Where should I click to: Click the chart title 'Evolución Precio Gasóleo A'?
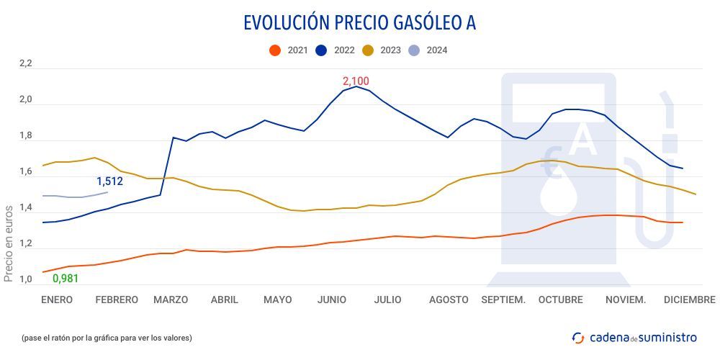coord(359,23)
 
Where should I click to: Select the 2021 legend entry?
coord(289,50)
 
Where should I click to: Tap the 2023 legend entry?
coord(382,50)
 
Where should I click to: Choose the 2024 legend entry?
coord(428,50)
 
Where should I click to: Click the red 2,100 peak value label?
coord(356,81)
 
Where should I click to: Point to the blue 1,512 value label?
coord(109,181)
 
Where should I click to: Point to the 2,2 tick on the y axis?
coord(26,64)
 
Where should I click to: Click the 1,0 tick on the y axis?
coord(26,280)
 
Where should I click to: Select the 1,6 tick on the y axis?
coord(26,172)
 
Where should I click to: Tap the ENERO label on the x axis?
coord(57,300)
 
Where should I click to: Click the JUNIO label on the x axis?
coord(332,300)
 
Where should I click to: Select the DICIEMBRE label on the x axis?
coord(689,300)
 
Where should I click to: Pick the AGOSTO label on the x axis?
coord(449,300)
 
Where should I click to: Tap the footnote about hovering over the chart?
coord(107,337)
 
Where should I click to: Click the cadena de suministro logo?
coord(634,337)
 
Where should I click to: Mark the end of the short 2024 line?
coord(107,192)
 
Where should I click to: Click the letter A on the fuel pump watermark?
coord(582,141)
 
